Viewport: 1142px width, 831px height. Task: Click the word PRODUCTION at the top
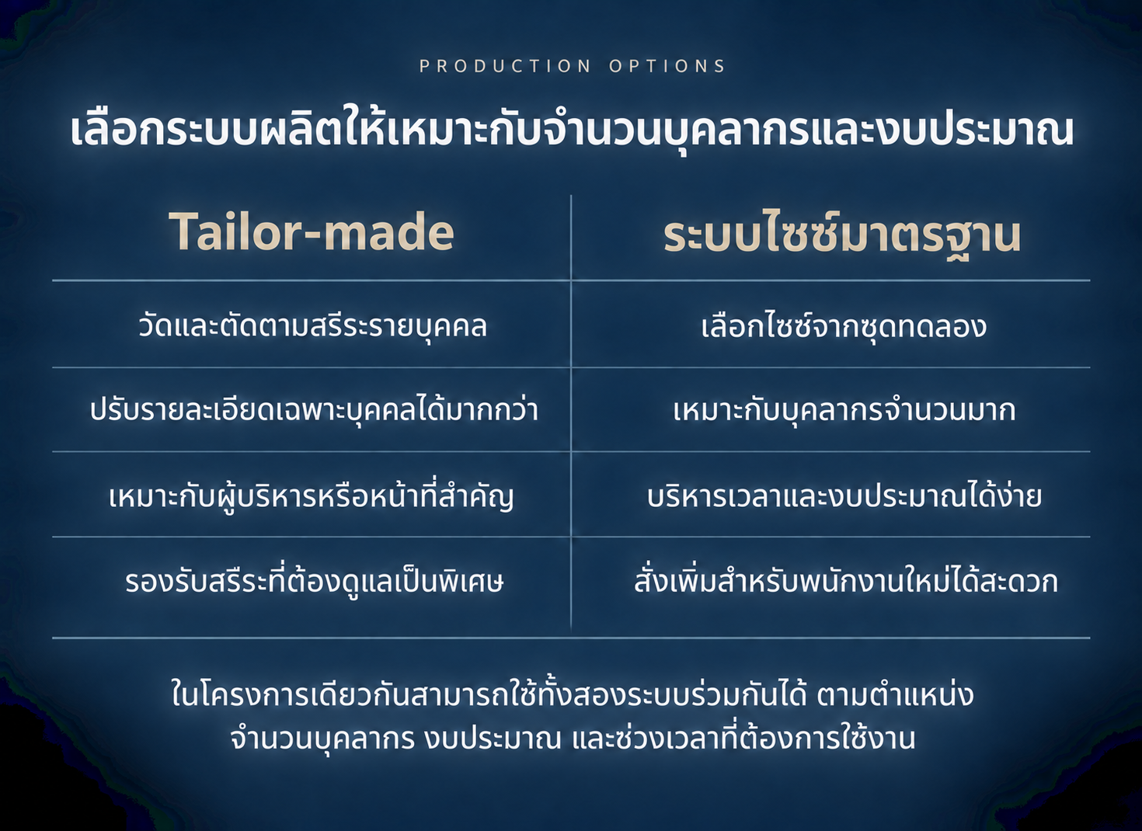pos(505,66)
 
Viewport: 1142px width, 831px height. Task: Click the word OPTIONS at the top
pos(667,66)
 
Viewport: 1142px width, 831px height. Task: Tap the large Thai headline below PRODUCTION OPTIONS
pos(572,131)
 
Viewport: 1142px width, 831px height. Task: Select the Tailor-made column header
pos(312,231)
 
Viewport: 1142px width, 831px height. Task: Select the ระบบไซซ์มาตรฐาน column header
pos(841,236)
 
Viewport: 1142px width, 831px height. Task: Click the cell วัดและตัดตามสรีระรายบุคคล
pos(312,326)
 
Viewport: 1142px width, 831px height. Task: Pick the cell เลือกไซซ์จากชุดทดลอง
pos(844,326)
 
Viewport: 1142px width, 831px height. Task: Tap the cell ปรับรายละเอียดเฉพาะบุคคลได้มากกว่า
pos(314,410)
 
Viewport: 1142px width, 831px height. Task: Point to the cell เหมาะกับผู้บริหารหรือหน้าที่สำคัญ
pos(311,496)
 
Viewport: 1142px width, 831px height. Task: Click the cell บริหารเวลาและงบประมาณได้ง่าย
pos(844,496)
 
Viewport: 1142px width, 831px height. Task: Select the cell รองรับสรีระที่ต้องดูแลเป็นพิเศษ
pos(314,581)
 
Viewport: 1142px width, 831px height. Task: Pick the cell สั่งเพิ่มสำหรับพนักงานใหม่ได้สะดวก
pos(846,581)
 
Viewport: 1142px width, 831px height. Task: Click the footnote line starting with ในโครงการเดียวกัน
pos(572,694)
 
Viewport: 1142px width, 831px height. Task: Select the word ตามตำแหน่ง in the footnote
pos(895,694)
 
